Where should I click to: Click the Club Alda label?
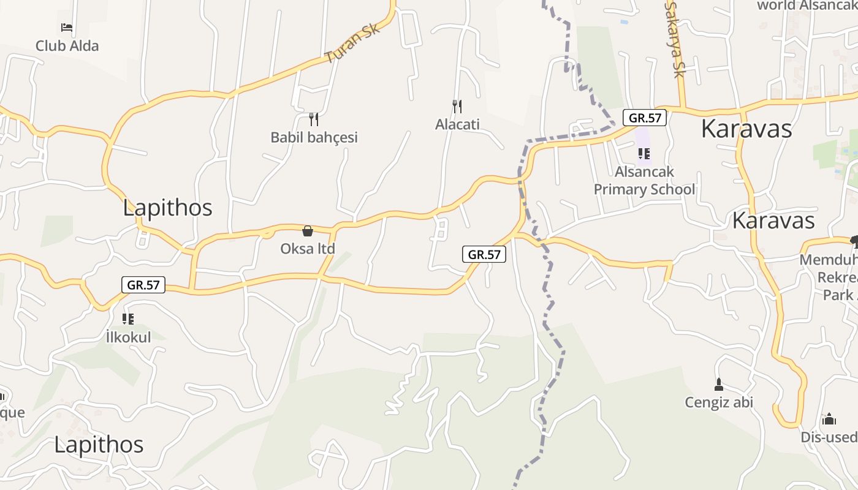pos(67,46)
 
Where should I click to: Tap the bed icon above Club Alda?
pos(67,28)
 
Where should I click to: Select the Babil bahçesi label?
pos(314,137)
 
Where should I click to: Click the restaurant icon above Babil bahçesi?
pos(314,119)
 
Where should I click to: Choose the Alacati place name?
pos(457,124)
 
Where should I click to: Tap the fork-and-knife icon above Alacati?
pos(457,107)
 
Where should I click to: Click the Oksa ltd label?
pos(308,249)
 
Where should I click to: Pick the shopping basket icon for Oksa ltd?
pos(308,231)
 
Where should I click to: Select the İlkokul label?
pos(128,337)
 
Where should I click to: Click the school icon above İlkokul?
pos(128,318)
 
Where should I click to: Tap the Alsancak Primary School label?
pos(644,181)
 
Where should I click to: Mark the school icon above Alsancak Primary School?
pos(643,153)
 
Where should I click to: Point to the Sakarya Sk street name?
pos(674,39)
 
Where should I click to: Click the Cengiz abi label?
pos(719,402)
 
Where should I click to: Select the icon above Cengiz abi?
pos(719,385)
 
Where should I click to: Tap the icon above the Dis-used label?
pos(829,419)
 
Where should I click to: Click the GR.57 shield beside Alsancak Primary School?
pos(645,118)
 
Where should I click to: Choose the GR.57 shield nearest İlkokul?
pos(143,285)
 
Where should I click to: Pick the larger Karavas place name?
pos(746,129)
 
